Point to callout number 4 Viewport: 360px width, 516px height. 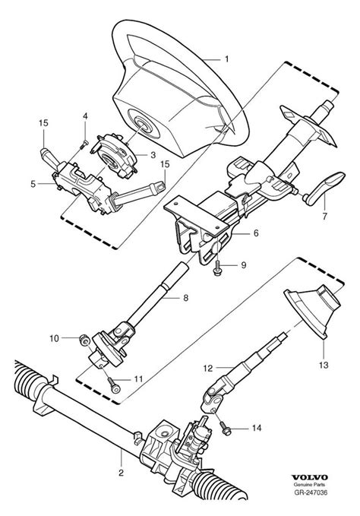coord(84,116)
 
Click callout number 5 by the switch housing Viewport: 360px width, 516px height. coord(33,183)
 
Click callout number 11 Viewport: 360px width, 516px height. coord(137,378)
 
